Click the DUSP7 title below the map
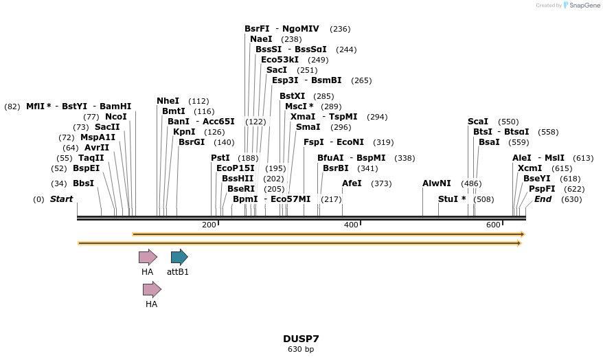pyautogui.click(x=301, y=339)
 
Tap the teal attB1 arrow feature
pyautogui.click(x=179, y=258)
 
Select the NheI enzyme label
pyautogui.click(x=168, y=101)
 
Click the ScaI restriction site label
pyautogui.click(x=478, y=122)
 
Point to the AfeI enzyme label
pyautogui.click(x=352, y=183)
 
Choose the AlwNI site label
pyautogui.click(x=437, y=183)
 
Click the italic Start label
pyautogui.click(x=61, y=199)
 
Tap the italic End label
pyautogui.click(x=543, y=199)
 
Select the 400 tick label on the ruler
pyautogui.click(x=351, y=225)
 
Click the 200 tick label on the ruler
pyautogui.click(x=209, y=225)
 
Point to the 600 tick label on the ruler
pyautogui.click(x=493, y=225)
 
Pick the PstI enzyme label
pyautogui.click(x=220, y=158)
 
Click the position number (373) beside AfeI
pyautogui.click(x=381, y=183)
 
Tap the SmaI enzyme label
pyautogui.click(x=308, y=127)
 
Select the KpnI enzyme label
pyautogui.click(x=184, y=132)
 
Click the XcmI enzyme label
pyautogui.click(x=530, y=168)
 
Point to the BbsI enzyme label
pyautogui.click(x=83, y=183)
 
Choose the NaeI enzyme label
pyautogui.click(x=261, y=39)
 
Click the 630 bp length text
pyautogui.click(x=301, y=350)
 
